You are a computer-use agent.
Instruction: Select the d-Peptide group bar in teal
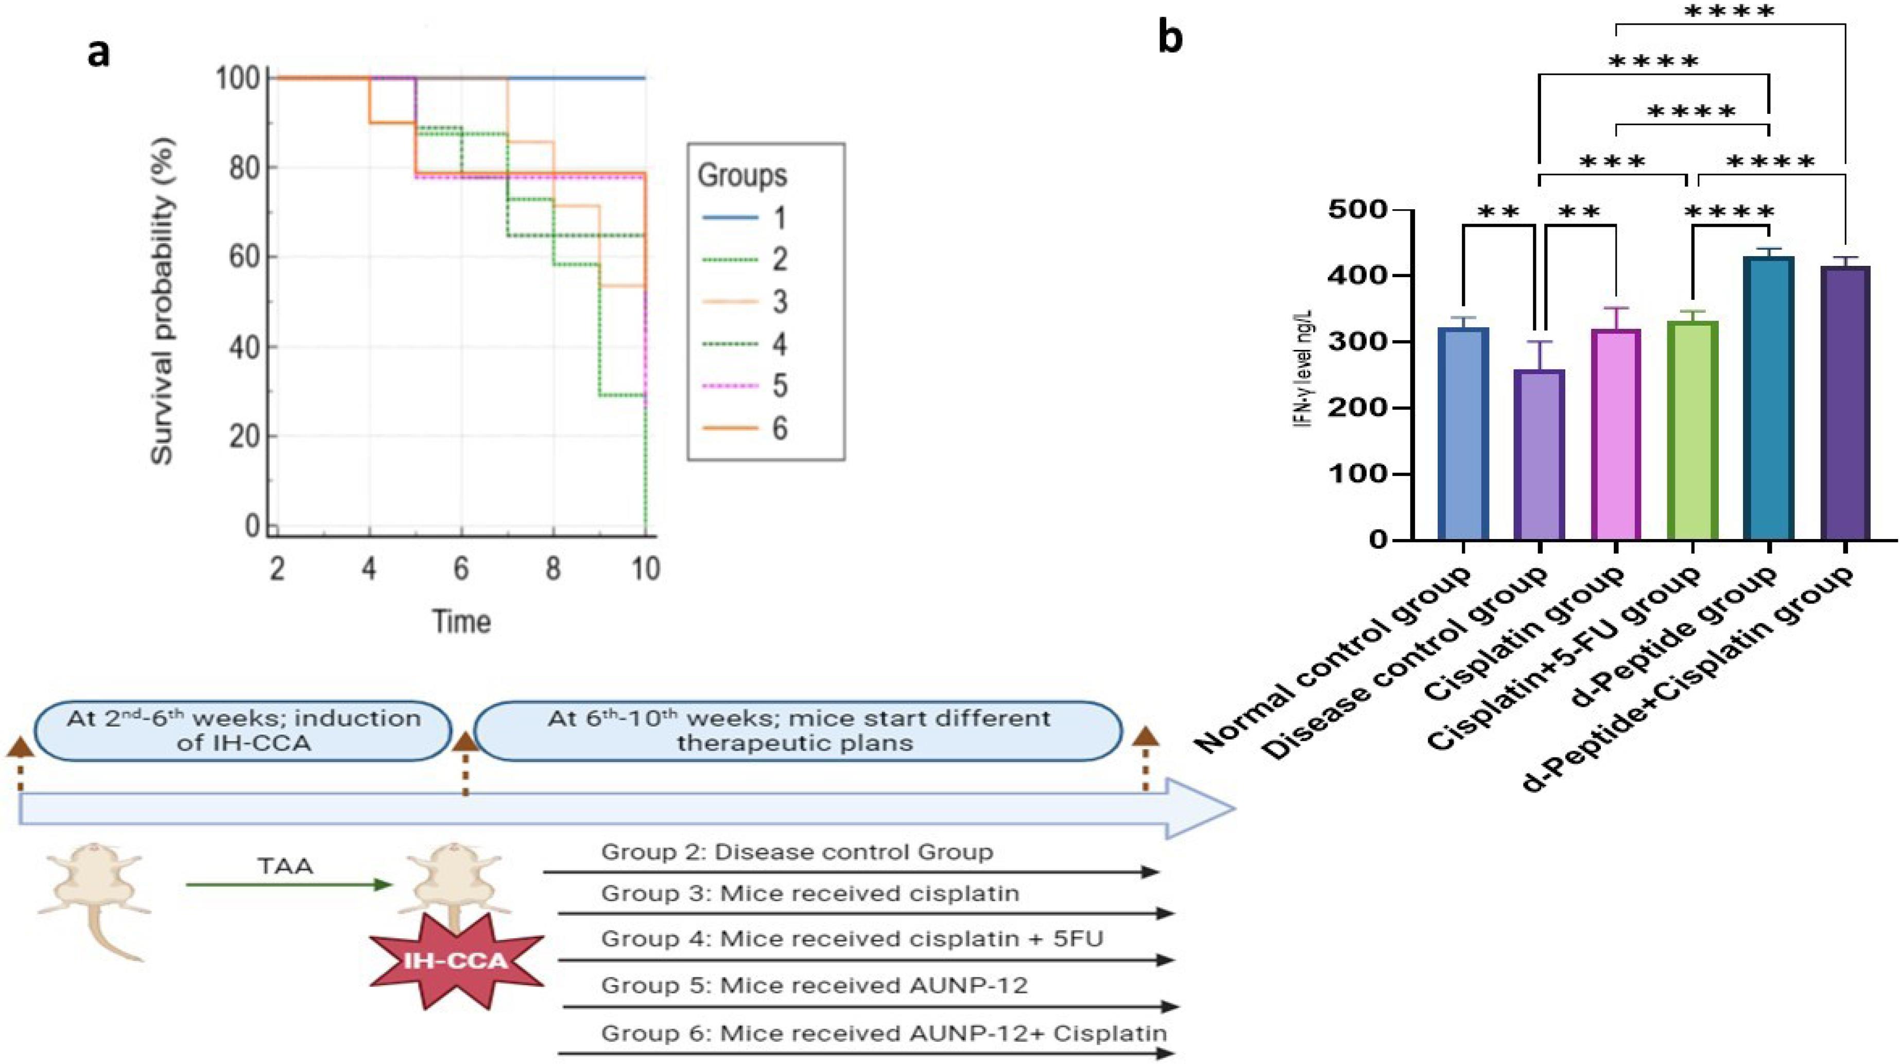(1769, 398)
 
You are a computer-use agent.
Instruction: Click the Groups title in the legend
(742, 176)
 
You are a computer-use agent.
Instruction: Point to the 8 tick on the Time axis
(553, 569)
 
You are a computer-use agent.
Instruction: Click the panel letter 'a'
(98, 53)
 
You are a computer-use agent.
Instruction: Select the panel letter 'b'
(1170, 37)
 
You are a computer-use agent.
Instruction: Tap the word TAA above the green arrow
(285, 866)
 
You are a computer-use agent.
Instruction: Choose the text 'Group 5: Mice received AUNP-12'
(814, 986)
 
